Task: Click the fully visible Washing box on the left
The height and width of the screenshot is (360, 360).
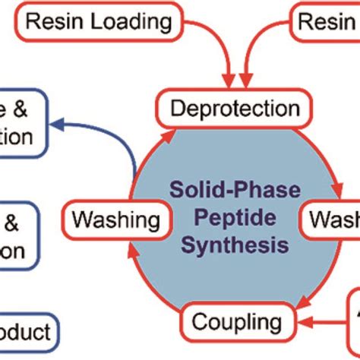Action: tap(116, 220)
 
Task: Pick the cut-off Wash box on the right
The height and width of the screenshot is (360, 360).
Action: tap(333, 220)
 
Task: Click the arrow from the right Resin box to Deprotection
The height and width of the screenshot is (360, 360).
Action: tap(262, 46)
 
